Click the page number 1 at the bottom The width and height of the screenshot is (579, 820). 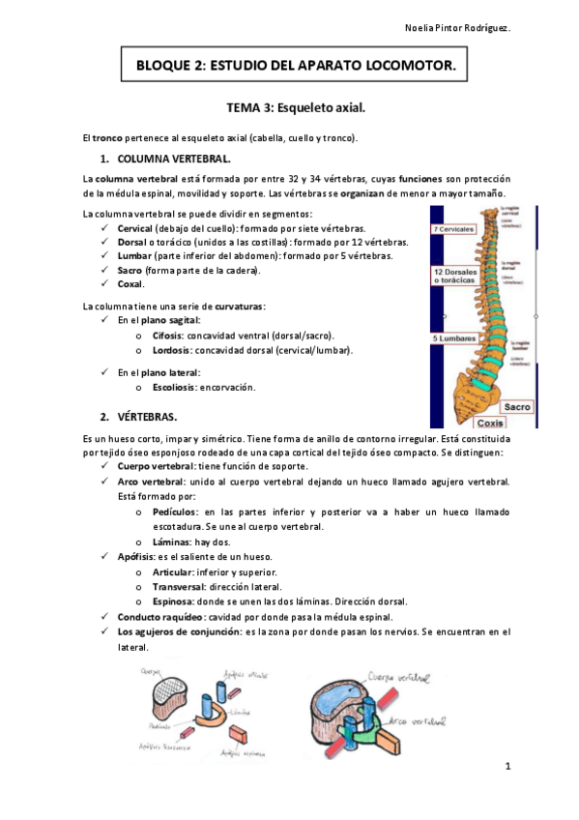tap(506, 766)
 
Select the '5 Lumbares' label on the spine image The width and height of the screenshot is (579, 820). tap(452, 338)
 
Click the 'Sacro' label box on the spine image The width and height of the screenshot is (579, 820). tap(518, 407)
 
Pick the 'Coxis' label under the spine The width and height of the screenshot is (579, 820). tap(490, 423)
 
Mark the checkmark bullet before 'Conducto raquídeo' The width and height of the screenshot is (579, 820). tap(105, 616)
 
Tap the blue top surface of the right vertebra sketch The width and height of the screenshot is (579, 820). tap(346, 693)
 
